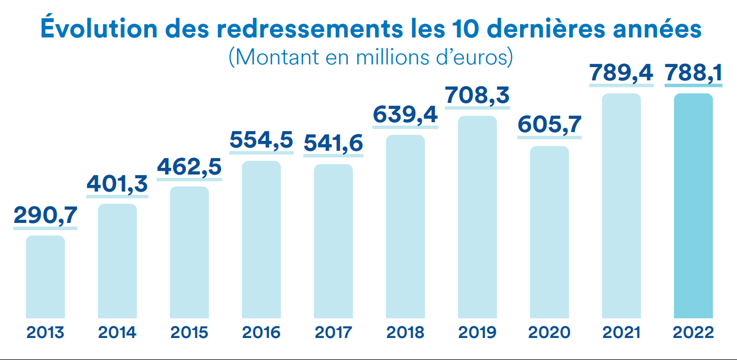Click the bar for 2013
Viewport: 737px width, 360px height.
tap(45, 277)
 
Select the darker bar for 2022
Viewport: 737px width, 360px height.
tap(693, 206)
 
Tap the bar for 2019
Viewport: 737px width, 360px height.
tap(477, 217)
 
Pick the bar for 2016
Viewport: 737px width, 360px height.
tap(261, 239)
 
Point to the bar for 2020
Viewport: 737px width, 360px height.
tap(549, 232)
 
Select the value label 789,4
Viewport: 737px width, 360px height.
tap(621, 73)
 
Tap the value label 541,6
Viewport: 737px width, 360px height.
tap(334, 143)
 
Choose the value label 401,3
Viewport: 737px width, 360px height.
tap(117, 184)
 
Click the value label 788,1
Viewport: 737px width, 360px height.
tap(694, 73)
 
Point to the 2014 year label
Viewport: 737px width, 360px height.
tap(117, 332)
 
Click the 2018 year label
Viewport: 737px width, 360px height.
tap(405, 332)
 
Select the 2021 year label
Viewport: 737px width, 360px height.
tap(621, 332)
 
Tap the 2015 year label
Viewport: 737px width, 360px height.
tap(189, 332)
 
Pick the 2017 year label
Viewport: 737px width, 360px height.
tap(334, 332)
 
